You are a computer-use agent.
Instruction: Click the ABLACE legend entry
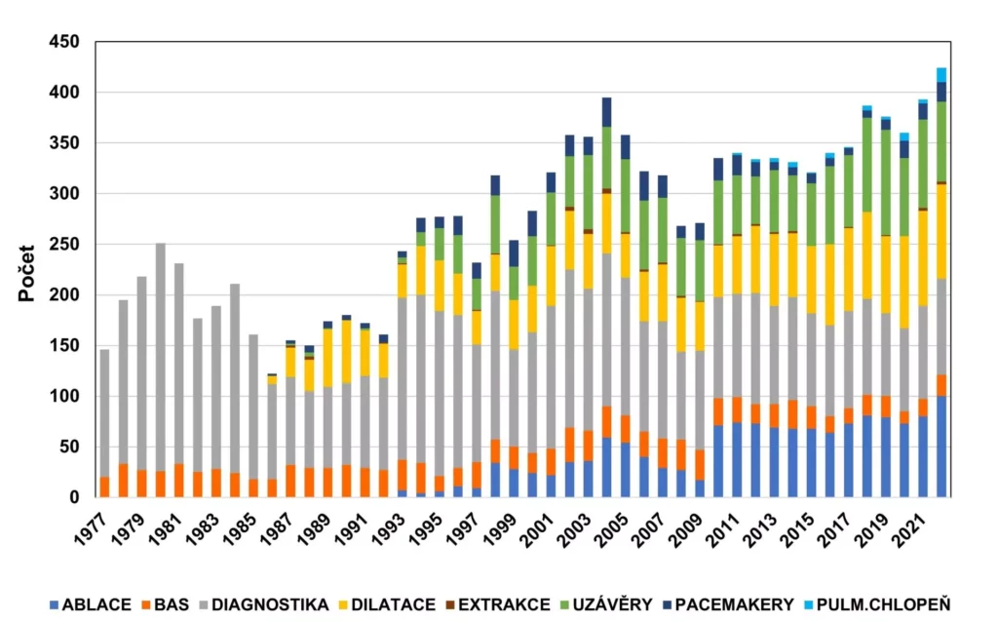pyautogui.click(x=96, y=605)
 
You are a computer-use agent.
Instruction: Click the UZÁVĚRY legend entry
pyautogui.click(x=610, y=605)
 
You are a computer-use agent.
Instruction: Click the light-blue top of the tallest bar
pyautogui.click(x=941, y=75)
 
